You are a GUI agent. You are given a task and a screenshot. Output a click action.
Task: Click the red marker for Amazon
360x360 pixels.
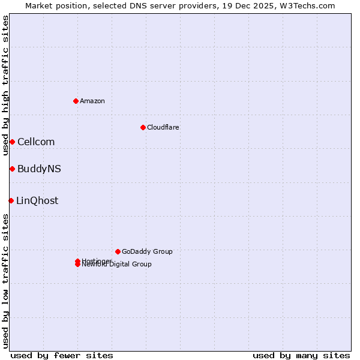[x=76, y=101]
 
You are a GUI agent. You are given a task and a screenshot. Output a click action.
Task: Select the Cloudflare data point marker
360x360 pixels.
[x=143, y=127]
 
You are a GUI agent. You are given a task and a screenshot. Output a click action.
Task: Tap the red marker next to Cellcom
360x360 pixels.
[x=12, y=142]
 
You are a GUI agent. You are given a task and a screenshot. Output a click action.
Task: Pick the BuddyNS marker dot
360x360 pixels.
[x=12, y=169]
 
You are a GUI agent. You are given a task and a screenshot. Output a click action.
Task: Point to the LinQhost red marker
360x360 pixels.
[x=11, y=200]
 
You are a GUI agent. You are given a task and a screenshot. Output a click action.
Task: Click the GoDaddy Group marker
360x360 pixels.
[x=118, y=251]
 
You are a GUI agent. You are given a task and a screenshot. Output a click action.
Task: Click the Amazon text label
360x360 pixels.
[x=92, y=101]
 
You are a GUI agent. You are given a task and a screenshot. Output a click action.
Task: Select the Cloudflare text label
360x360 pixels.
[x=163, y=127]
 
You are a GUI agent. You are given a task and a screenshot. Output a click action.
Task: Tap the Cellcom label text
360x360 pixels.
[x=36, y=142]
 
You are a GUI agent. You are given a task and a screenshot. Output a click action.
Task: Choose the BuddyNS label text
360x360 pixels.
[x=39, y=169]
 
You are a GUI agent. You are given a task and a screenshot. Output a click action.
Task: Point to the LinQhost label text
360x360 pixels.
[x=37, y=200]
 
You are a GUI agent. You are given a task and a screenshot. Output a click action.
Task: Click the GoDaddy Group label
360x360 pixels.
[x=147, y=251]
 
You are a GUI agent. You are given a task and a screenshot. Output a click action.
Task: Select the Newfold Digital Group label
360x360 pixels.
[x=117, y=265]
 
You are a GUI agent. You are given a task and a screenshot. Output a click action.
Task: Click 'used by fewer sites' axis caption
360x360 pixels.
[x=62, y=355]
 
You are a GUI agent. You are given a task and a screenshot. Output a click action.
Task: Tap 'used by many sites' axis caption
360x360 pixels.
[x=301, y=355]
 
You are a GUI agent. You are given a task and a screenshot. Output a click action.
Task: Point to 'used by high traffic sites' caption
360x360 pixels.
[x=5, y=85]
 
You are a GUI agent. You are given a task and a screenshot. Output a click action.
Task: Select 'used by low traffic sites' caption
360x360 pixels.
[x=5, y=281]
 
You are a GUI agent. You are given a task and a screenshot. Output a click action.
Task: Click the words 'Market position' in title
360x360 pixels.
[x=53, y=5]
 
